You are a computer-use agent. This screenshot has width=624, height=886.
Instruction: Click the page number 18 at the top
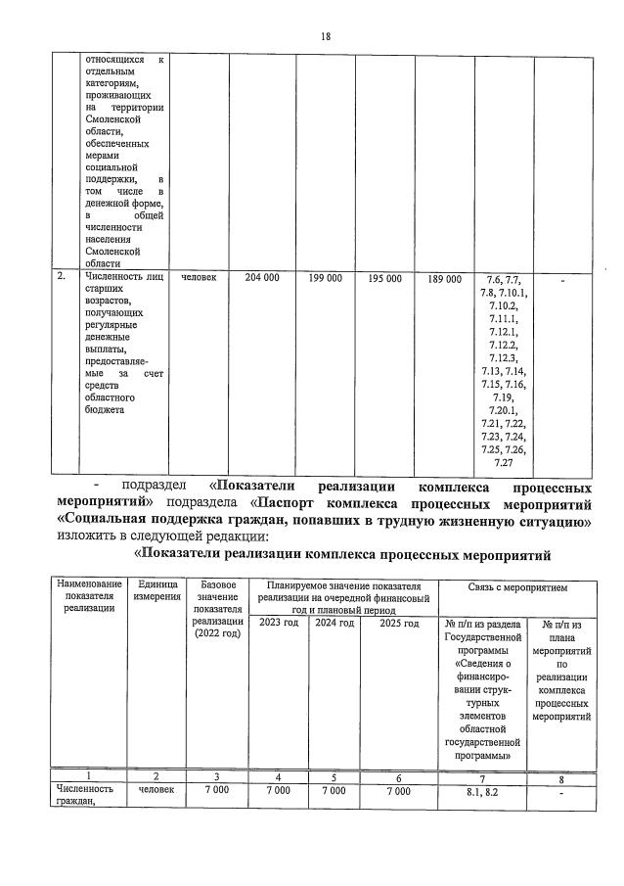point(326,36)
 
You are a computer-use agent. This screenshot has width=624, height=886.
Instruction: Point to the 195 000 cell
point(384,279)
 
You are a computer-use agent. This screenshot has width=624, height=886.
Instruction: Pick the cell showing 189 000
point(444,279)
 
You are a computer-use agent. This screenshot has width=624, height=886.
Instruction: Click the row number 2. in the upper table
point(62,277)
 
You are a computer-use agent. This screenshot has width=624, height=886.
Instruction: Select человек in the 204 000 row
point(201,279)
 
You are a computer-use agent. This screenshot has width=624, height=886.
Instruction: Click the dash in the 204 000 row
point(562,281)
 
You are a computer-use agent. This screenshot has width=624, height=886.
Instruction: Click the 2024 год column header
point(334,624)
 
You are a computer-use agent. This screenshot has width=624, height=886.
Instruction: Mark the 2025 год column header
point(398,624)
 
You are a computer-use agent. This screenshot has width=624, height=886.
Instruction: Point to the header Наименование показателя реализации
point(89,596)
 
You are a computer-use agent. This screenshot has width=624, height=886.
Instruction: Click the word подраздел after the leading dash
point(156,487)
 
